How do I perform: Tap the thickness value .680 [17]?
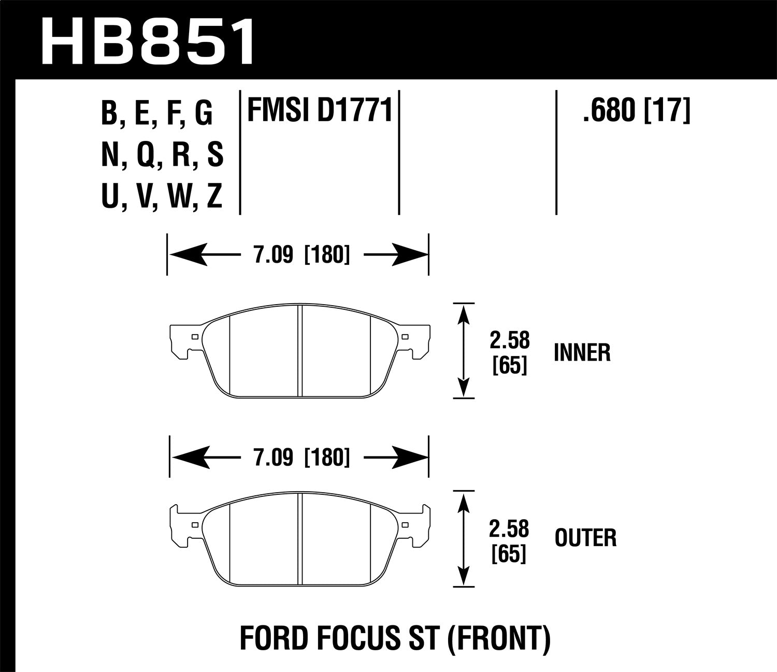coord(636,111)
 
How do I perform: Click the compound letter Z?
coord(214,197)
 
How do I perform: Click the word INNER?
coord(582,353)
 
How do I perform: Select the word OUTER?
coord(585,538)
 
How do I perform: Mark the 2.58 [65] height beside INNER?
coord(510,353)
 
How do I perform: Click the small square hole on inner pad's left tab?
coord(195,337)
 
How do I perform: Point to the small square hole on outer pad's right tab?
coord(405,524)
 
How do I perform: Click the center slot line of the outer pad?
coord(300,539)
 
